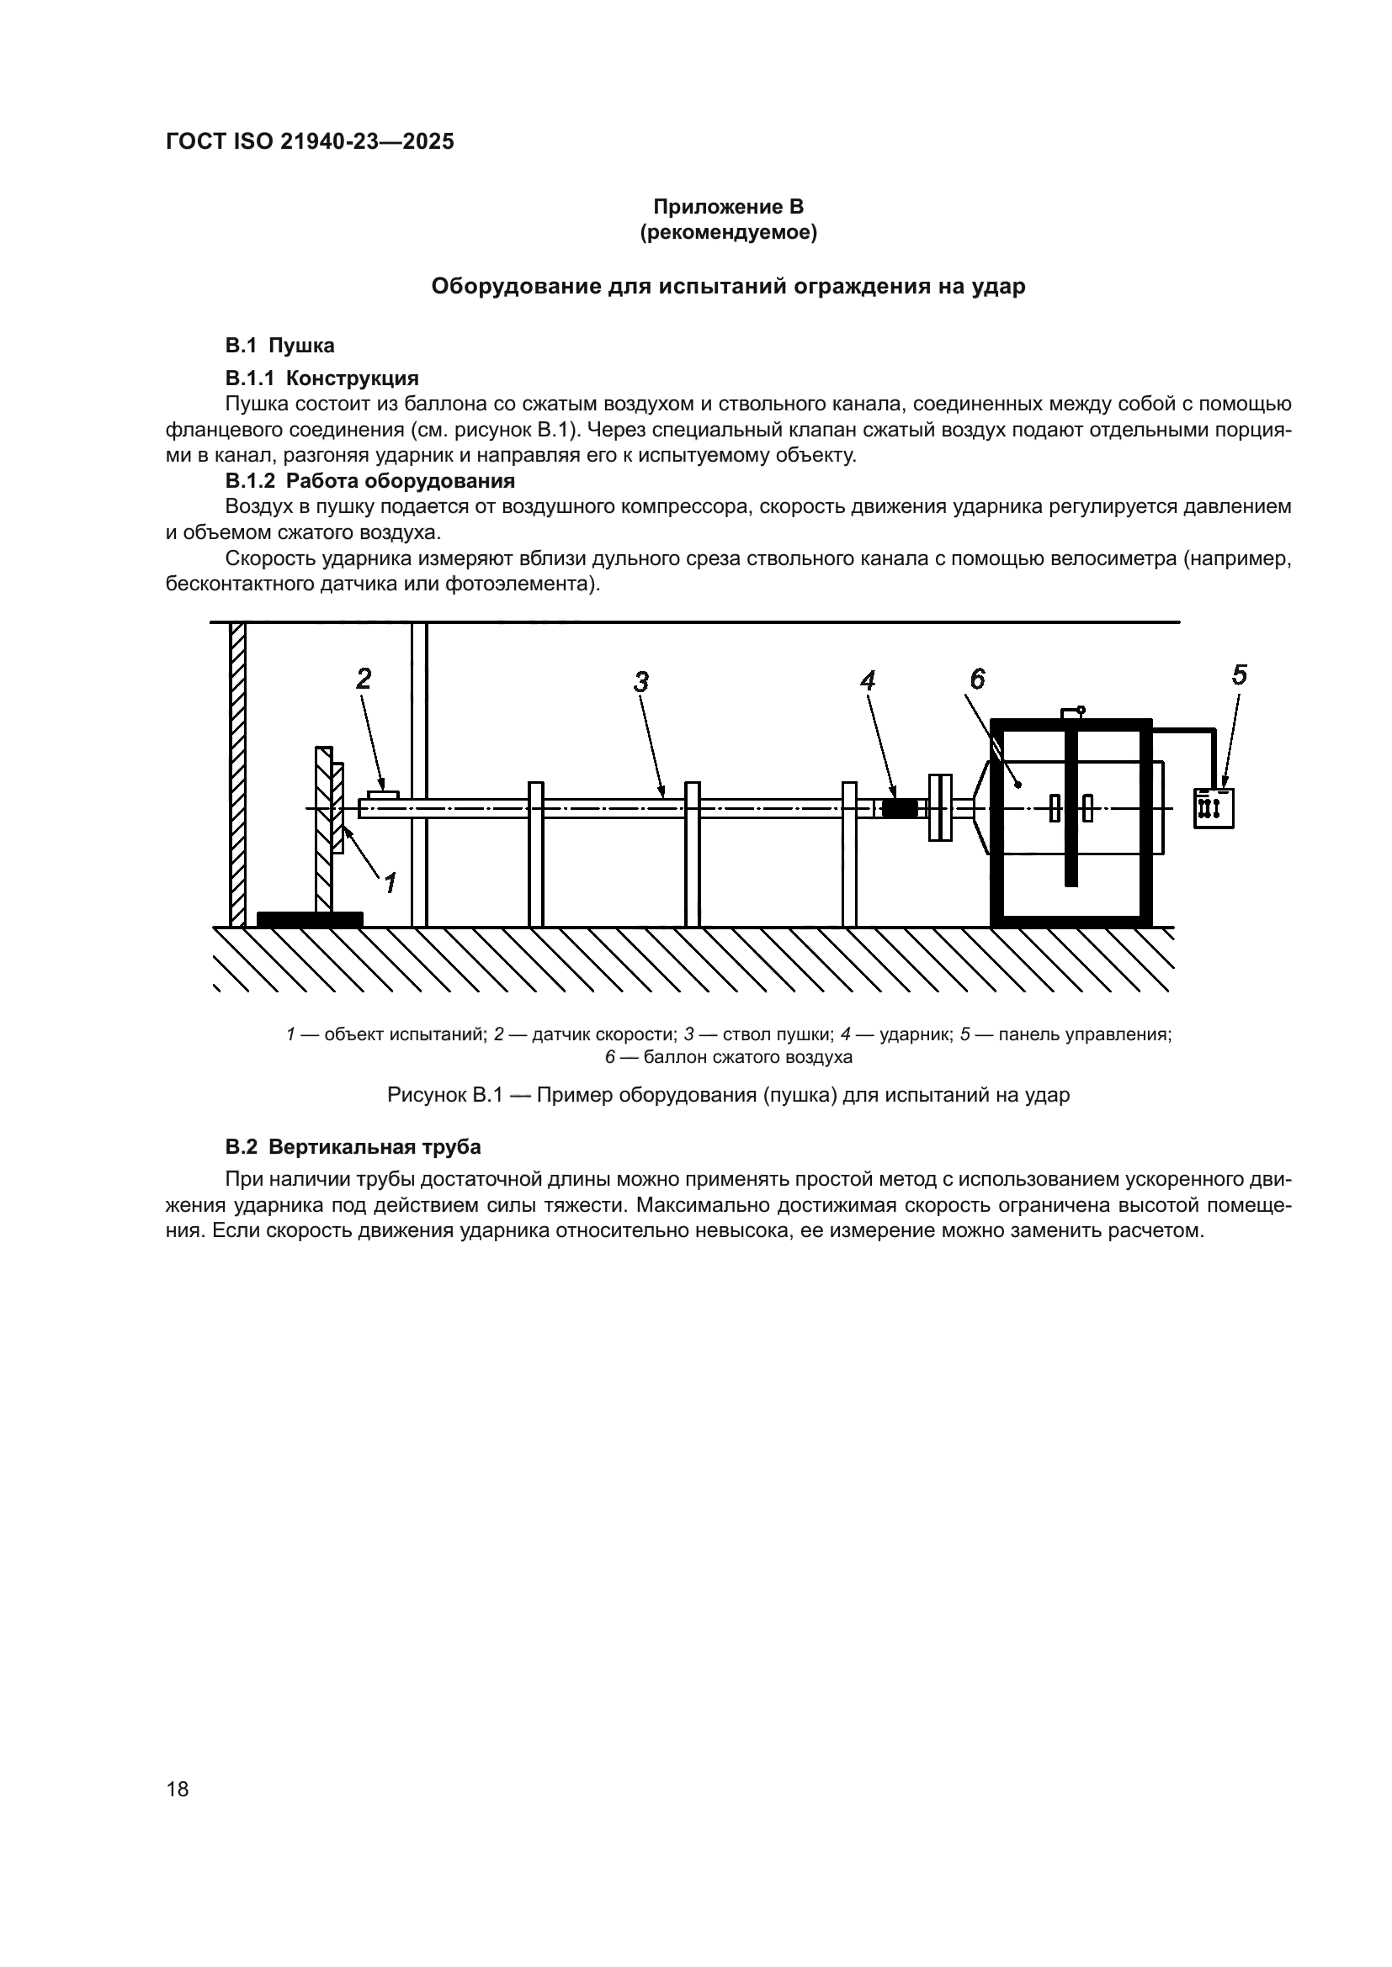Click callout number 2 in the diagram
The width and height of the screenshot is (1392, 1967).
pos(364,679)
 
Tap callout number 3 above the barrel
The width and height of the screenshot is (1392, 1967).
pos(641,682)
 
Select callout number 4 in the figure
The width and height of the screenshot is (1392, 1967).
pos(869,681)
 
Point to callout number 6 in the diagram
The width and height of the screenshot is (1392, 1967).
pos(978,679)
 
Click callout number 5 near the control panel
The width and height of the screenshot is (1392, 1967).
pos(1240,675)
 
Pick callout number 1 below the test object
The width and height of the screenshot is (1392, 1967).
pos(390,881)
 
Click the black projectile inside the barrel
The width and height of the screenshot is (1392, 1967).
pos(900,809)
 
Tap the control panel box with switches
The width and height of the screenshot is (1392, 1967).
pos(1214,808)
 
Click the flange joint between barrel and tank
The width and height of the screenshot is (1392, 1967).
pos(940,808)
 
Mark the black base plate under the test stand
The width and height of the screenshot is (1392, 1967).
pos(310,919)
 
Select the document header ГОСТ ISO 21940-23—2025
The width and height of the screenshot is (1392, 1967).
pos(310,142)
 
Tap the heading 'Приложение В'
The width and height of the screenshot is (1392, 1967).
pos(728,207)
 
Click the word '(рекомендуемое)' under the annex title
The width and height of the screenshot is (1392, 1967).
pos(728,233)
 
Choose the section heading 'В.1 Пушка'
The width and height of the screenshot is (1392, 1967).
pos(279,346)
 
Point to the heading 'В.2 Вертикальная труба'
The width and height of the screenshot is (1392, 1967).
pos(353,1147)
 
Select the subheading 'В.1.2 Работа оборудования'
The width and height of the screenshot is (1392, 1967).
pos(369,481)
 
